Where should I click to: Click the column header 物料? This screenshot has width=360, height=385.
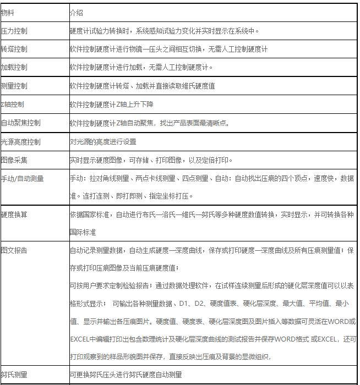pos(8,12)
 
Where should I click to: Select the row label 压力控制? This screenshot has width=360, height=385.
pos(14,31)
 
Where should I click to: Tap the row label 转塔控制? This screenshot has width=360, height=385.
pos(14,50)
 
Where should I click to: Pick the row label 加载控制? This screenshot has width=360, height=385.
pos(14,68)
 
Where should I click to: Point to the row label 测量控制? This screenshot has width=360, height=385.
pos(14,86)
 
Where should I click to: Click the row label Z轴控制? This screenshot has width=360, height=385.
pos(12,105)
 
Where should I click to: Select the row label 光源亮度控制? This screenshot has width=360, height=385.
pos(20,142)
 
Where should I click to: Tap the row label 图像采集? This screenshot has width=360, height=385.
pos(14,161)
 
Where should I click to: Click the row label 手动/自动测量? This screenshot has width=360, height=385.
pos(22,179)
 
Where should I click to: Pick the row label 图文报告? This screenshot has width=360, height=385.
pos(14,250)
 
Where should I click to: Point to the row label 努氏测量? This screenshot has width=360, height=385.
pos(14,375)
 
